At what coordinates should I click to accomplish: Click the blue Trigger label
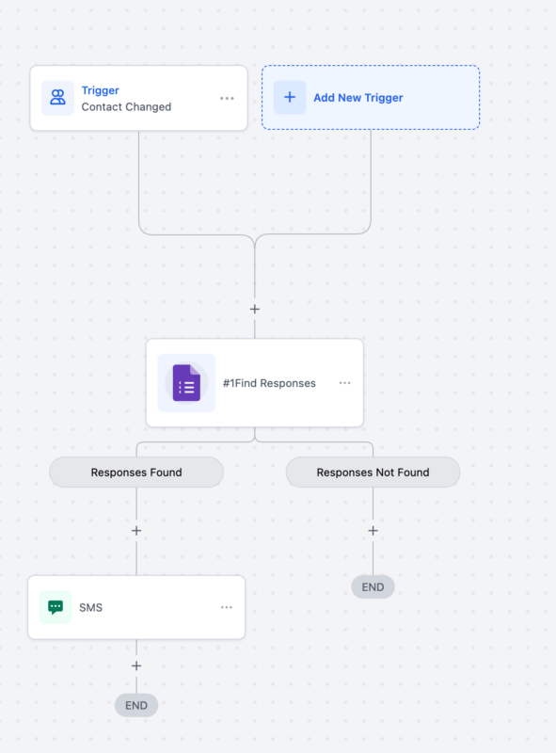100,90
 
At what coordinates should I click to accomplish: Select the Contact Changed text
126,107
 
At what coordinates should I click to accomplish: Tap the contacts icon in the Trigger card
57,98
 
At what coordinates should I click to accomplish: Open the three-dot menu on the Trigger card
227,98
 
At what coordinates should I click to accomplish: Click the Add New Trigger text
357,98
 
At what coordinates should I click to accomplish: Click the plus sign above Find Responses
254,309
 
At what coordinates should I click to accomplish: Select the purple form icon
186,383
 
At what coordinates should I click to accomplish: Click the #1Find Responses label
269,383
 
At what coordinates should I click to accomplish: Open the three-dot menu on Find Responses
344,383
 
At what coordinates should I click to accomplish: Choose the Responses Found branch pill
136,473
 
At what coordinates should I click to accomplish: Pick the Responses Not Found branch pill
373,473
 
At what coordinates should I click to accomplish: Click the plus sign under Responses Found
136,531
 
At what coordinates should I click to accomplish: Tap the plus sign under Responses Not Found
373,531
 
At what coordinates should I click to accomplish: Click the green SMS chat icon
56,607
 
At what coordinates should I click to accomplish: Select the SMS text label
91,608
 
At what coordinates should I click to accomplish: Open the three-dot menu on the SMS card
227,607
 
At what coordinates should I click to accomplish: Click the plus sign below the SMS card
136,665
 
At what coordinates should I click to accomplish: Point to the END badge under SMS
136,705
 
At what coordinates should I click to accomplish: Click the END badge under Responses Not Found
373,587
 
